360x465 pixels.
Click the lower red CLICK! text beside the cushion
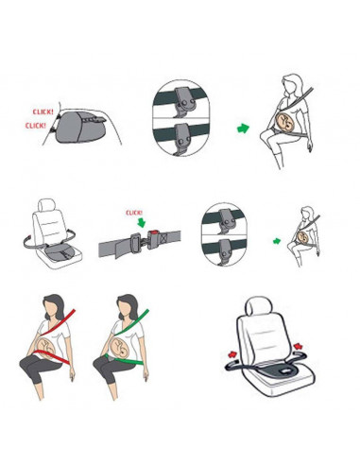37,125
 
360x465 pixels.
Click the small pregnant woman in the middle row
305,237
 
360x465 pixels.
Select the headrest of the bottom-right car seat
260,308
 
